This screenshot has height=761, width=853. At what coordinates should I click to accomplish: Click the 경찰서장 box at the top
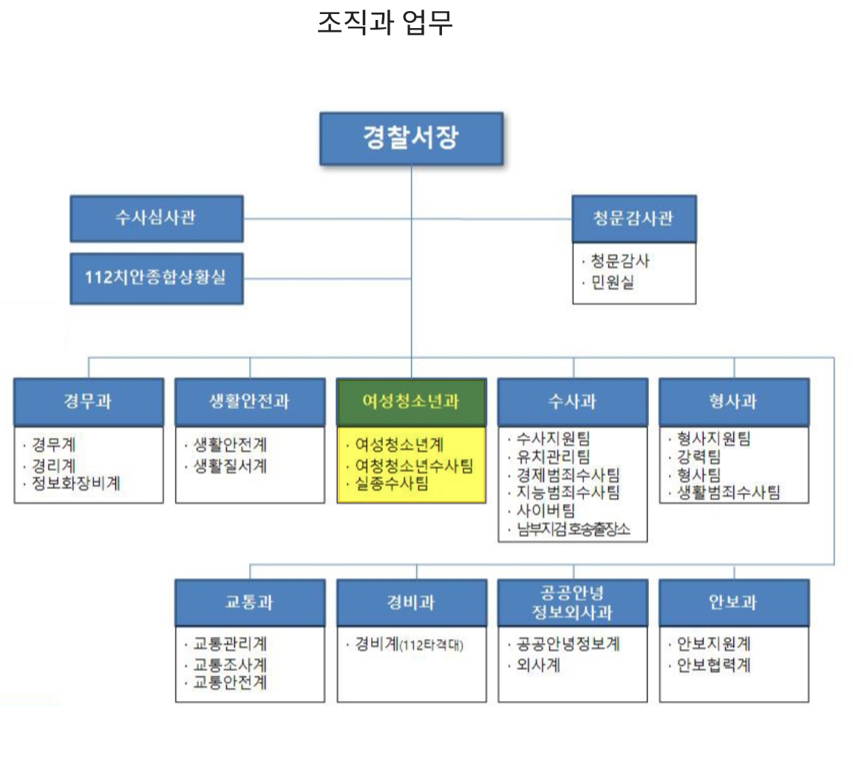411,139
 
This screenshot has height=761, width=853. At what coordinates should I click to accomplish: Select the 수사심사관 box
156,218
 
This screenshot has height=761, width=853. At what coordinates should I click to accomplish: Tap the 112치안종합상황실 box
156,279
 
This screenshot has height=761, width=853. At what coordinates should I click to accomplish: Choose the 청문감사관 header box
633,218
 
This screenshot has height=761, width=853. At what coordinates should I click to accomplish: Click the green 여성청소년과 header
411,401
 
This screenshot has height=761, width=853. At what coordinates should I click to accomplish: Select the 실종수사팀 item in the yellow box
391,484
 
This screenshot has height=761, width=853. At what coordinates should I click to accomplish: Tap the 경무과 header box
88,401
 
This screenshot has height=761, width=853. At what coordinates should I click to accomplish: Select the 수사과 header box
572,401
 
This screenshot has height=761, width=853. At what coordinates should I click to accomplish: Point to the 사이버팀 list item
546,511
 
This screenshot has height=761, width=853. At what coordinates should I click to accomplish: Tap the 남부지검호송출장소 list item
573,529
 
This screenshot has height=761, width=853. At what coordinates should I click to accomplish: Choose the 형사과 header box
733,401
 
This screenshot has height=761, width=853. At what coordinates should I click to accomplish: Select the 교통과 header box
249,601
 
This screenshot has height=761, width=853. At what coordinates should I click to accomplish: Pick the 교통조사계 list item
229,665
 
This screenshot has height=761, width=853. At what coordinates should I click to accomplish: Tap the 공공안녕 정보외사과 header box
572,601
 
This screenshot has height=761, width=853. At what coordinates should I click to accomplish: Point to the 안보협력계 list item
713,665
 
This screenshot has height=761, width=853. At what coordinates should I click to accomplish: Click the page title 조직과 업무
384,24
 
